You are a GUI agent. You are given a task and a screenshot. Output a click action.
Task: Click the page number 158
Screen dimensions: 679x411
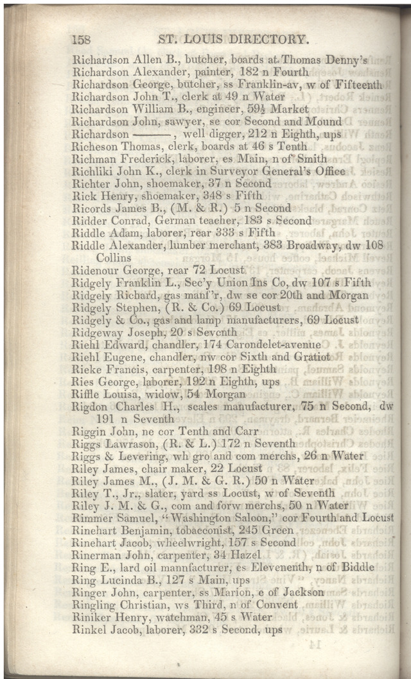click(82, 40)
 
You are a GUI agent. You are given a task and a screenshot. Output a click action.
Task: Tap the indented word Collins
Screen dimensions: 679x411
click(114, 257)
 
